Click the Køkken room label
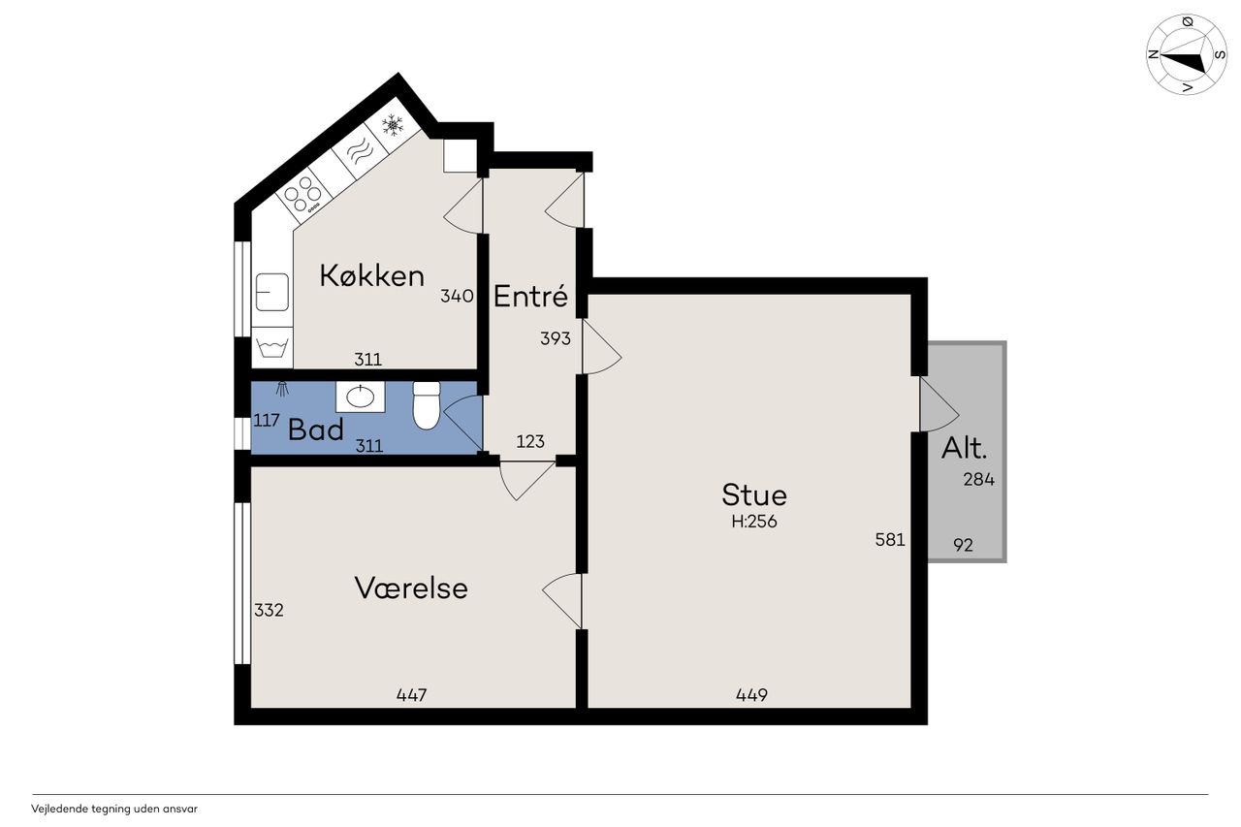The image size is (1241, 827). (371, 275)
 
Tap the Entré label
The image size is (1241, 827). (530, 296)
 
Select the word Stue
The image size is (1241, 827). (753, 494)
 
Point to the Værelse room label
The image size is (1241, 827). (411, 588)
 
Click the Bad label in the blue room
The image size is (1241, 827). (316, 429)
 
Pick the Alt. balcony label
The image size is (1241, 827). (964, 448)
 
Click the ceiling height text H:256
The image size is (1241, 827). (754, 522)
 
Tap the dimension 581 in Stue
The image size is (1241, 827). (890, 539)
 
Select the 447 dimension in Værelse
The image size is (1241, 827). (412, 694)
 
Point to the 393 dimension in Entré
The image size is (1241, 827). (556, 338)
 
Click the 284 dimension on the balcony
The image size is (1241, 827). (978, 479)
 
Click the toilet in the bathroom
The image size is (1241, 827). (427, 405)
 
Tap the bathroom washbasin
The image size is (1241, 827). (360, 397)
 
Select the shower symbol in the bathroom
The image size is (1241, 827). (282, 389)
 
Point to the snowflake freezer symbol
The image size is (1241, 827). (393, 125)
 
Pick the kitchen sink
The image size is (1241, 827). (272, 292)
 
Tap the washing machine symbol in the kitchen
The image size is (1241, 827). (272, 347)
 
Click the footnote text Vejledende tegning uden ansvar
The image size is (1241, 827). (114, 809)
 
